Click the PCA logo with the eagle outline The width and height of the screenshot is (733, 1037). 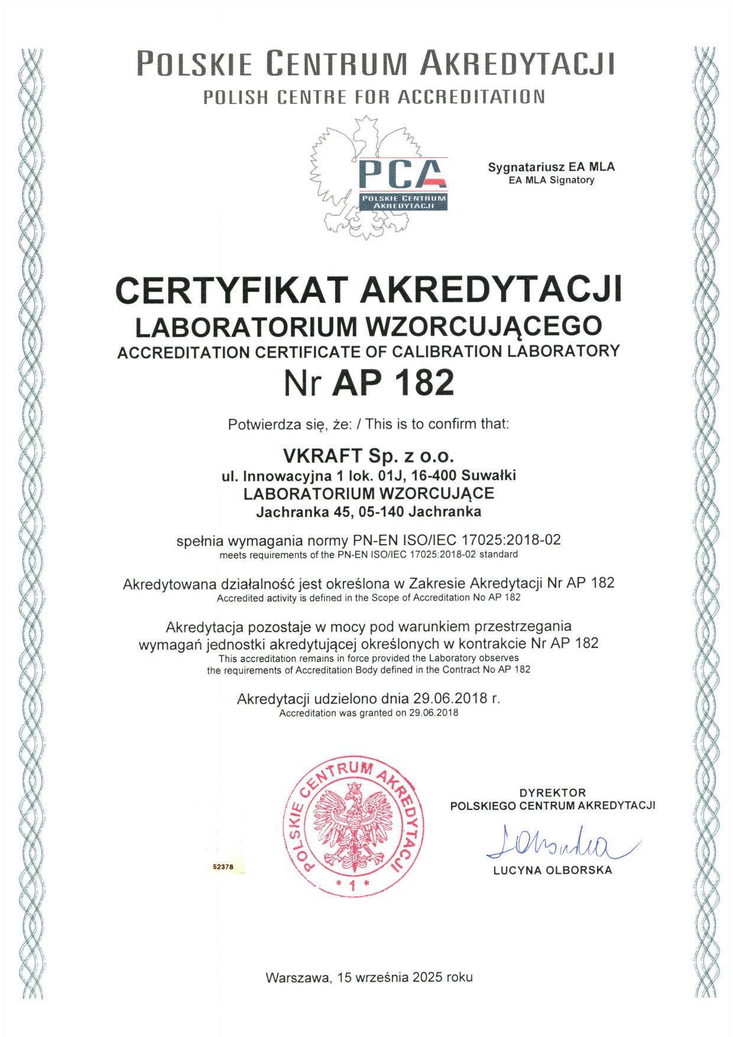378,177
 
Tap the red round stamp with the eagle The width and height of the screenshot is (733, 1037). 353,826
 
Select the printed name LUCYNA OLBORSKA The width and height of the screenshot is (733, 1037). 553,870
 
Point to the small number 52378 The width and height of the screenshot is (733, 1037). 223,867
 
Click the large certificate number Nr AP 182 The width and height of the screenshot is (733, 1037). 369,383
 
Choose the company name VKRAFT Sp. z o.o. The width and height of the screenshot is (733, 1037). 368,456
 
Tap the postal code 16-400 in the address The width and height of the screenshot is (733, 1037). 434,475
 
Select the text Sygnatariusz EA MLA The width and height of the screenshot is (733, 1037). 551,167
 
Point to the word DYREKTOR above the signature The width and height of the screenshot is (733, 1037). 553,793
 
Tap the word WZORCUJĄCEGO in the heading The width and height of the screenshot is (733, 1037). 484,326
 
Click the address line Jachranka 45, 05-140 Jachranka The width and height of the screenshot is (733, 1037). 368,512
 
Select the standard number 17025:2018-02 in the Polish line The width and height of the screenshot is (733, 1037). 511,540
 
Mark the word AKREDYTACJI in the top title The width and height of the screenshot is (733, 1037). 517,63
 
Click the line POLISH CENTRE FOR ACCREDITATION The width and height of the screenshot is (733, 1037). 374,97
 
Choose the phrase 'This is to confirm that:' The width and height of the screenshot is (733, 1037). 437,424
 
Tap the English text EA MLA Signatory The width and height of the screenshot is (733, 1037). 551,180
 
